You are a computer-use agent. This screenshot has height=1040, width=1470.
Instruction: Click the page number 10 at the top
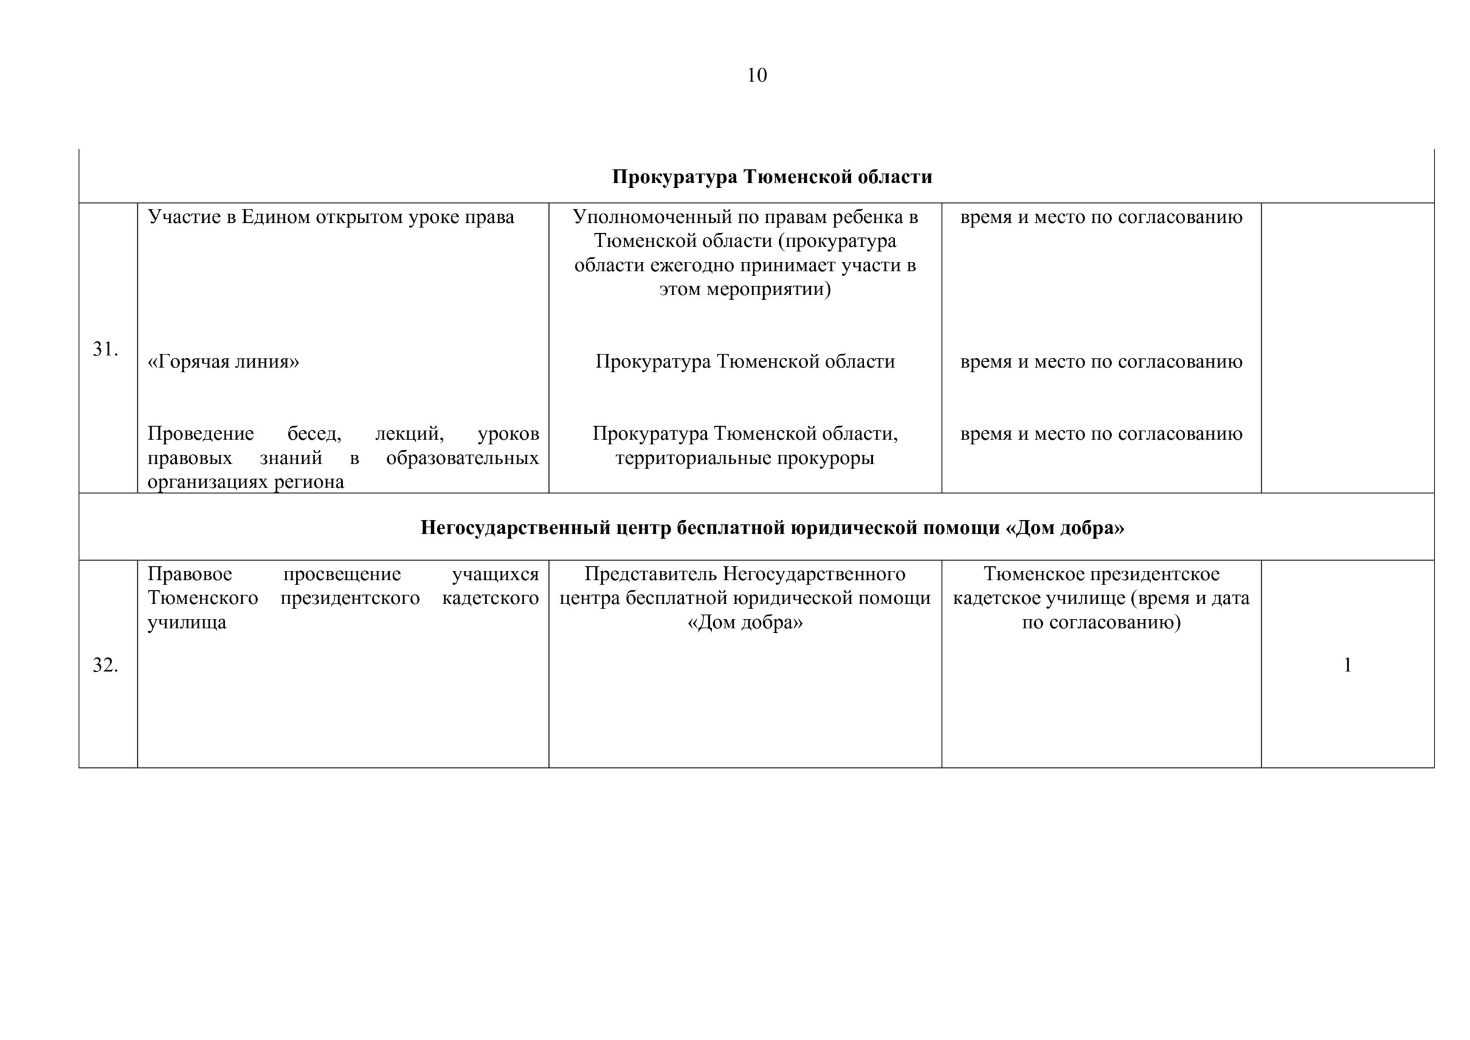[x=756, y=76]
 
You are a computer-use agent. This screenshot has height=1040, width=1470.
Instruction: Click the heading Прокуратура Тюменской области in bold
[x=772, y=177]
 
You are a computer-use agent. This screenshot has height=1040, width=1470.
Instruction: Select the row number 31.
[x=105, y=349]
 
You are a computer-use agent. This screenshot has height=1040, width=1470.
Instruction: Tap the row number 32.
[x=105, y=666]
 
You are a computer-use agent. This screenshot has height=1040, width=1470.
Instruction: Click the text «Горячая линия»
[x=223, y=362]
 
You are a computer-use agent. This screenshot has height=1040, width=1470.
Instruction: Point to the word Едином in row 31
[x=273, y=217]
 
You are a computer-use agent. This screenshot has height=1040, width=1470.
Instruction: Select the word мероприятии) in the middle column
[x=768, y=289]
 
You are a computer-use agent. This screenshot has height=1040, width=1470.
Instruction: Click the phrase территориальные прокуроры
[x=745, y=458]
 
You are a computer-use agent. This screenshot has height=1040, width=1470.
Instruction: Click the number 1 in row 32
[x=1347, y=666]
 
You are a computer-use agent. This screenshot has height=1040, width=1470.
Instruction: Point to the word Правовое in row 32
[x=189, y=574]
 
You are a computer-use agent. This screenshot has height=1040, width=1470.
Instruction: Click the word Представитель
[x=651, y=574]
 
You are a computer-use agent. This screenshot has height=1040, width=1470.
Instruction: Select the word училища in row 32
[x=187, y=623]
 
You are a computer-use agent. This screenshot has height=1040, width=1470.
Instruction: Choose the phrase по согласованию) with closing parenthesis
[x=1101, y=623]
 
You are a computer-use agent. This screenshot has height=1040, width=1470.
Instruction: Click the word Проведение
[x=200, y=434]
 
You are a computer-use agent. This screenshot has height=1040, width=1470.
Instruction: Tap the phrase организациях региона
[x=246, y=482]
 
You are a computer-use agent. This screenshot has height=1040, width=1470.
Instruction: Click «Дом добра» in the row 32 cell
[x=745, y=623]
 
